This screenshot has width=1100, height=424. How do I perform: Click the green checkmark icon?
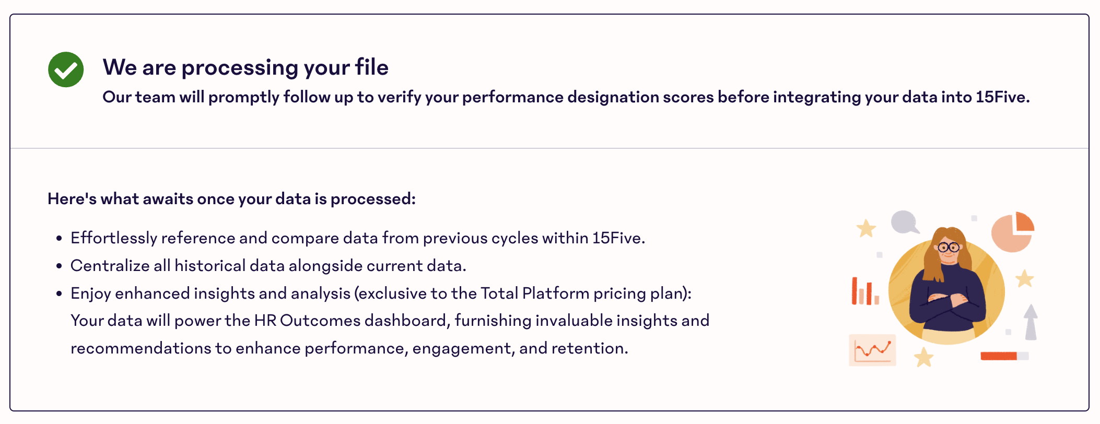66,69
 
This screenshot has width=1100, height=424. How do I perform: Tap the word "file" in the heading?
372,67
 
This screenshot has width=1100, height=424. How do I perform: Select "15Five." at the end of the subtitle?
1002,97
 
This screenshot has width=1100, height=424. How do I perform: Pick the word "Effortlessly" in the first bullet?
114,238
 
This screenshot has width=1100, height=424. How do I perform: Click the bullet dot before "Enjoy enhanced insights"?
59,294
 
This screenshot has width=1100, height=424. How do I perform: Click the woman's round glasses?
949,248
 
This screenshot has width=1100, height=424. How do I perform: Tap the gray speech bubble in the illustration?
904,222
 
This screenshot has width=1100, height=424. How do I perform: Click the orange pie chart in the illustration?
1013,232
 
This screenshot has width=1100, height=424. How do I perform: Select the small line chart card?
872,350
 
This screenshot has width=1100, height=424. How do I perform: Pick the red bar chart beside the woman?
865,291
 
